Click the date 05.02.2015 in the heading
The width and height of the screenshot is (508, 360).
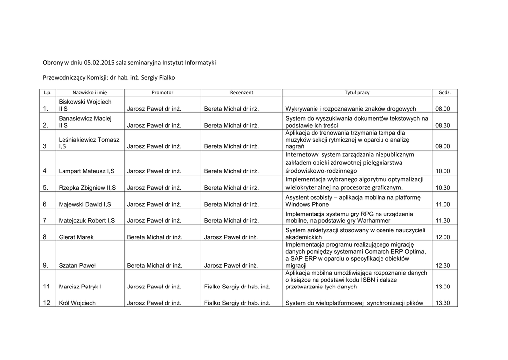click(x=99, y=63)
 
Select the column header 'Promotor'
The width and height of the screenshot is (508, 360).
click(x=162, y=93)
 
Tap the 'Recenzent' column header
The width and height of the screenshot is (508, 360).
click(x=242, y=93)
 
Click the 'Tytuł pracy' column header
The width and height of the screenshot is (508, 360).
click(x=357, y=93)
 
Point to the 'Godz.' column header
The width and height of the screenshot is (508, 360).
click(x=444, y=93)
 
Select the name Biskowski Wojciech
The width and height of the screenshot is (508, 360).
click(x=85, y=102)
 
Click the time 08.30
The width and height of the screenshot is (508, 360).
click(x=443, y=126)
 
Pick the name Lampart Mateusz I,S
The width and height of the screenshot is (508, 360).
click(x=87, y=171)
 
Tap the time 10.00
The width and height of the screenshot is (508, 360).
click(x=443, y=171)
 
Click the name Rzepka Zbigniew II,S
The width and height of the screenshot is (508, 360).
click(x=88, y=188)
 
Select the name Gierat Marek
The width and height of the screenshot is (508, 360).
click(x=76, y=237)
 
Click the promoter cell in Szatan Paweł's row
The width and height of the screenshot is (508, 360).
click(x=155, y=266)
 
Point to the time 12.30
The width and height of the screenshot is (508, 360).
click(x=443, y=266)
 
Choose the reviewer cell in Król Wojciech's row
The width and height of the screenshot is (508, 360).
click(x=237, y=303)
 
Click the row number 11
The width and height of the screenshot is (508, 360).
click(x=47, y=287)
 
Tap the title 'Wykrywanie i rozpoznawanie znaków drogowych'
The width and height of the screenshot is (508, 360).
click(x=351, y=109)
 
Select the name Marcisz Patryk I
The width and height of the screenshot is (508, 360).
click(x=80, y=287)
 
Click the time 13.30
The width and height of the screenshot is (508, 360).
click(x=443, y=303)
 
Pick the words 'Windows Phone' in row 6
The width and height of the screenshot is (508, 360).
click(x=307, y=204)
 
